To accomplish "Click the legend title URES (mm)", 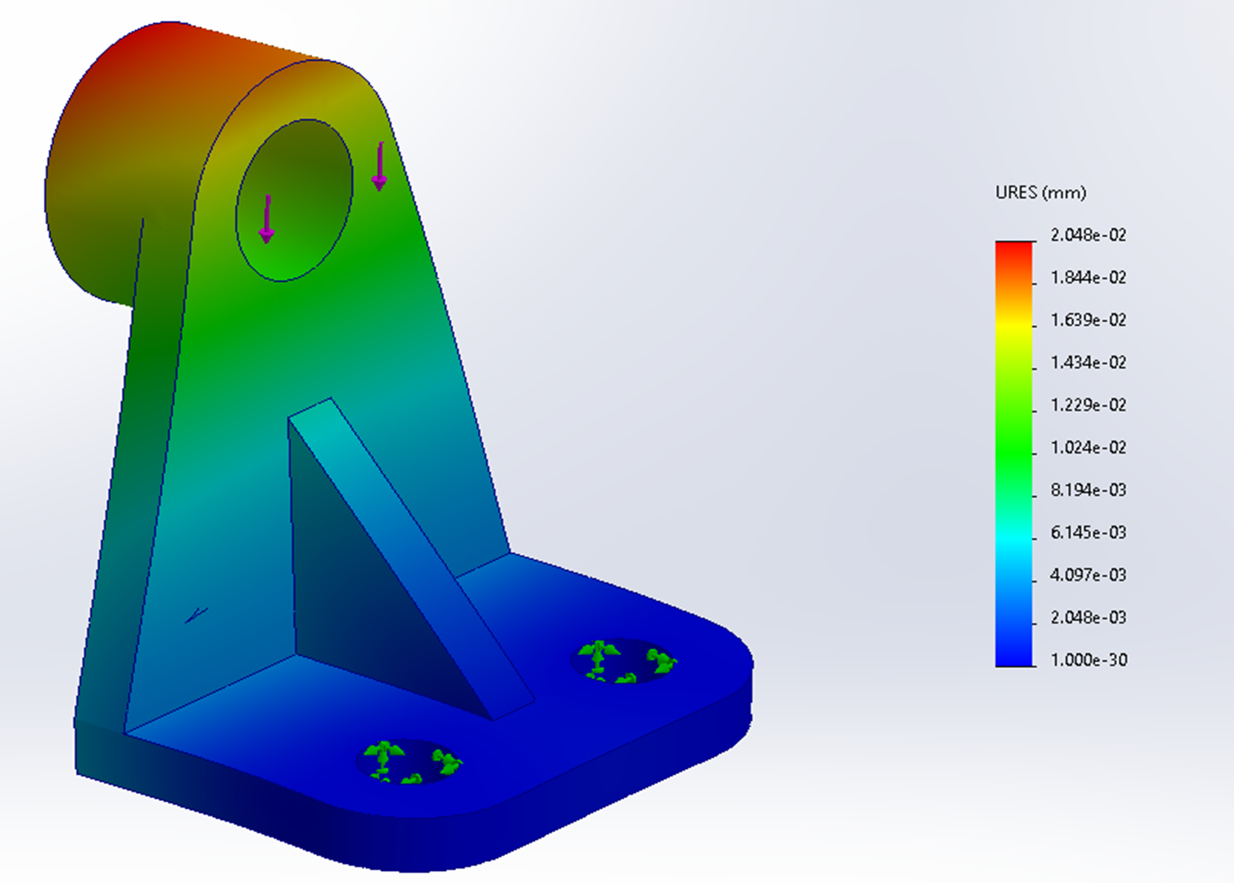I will point(1040,193).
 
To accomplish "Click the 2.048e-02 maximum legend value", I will point(1088,235).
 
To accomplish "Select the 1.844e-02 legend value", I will point(1088,278).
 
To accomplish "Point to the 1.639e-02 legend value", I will point(1088,320).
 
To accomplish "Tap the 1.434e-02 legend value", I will point(1088,363).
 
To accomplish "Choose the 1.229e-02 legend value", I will point(1088,405).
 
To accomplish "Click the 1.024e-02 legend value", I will point(1088,448).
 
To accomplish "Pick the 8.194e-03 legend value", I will point(1088,490).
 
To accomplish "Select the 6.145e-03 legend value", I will point(1088,533).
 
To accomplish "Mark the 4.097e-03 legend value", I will point(1088,575).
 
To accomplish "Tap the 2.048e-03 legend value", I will point(1088,618).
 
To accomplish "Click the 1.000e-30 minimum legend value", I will point(1088,660).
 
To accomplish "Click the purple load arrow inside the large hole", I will point(267,219).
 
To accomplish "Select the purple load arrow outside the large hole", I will point(380,166).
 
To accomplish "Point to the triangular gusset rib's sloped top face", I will point(410,551).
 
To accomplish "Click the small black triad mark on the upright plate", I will point(196,615).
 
